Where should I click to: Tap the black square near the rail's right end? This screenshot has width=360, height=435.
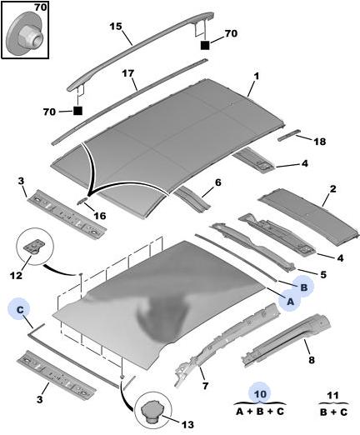coord(205,45)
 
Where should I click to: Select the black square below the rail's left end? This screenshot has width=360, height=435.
coord(77,111)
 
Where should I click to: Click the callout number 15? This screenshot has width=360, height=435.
coord(116,27)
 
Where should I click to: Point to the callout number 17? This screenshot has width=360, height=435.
coord(128,74)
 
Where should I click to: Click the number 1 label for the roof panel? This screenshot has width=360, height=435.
coord(257,76)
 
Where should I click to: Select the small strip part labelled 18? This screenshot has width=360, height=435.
coord(289,134)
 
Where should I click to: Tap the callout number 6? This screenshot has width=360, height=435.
coord(218,182)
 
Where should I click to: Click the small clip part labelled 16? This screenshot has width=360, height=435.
coord(82,201)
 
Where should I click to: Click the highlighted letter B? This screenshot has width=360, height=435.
coord(304,287)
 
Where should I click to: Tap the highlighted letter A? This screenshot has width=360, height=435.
coord(290,302)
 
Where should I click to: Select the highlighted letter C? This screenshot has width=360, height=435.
coord(20,309)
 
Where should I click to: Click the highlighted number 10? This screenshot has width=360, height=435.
coord(260,393)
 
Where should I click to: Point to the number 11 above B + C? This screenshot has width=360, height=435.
coord(333,395)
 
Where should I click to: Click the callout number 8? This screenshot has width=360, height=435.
coord(312,360)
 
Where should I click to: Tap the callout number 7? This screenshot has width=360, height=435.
coord(205,386)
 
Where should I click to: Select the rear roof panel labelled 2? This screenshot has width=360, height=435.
coord(308,217)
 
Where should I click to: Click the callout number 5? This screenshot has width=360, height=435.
coord(323,275)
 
